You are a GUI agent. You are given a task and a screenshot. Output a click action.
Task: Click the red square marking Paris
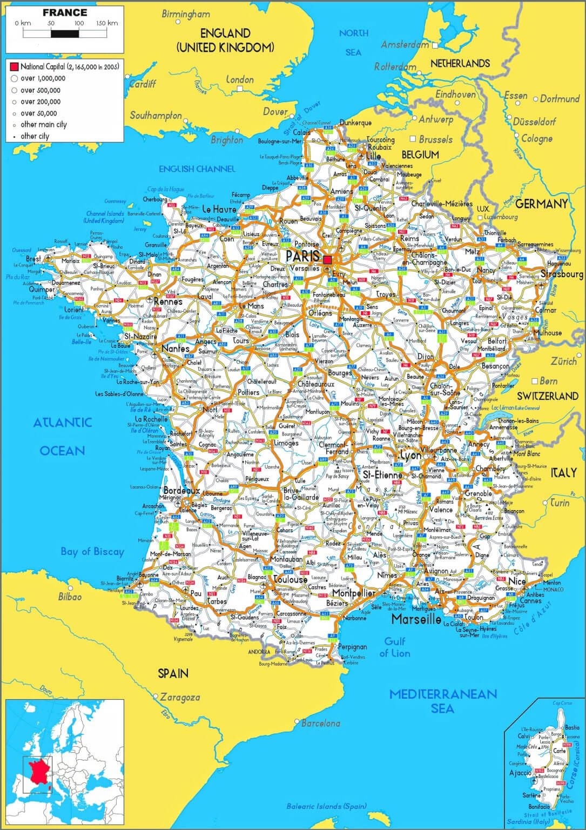pyautogui.click(x=328, y=260)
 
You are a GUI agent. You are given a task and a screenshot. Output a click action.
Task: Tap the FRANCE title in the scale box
pyautogui.click(x=65, y=12)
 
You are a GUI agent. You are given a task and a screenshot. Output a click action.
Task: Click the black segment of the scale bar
pyautogui.click(x=65, y=33)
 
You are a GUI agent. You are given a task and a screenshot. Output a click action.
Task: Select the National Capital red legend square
pyautogui.click(x=14, y=67)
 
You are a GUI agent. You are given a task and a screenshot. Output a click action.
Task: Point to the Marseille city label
pyautogui.click(x=416, y=619)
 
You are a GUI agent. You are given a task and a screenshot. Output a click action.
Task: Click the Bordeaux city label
pyautogui.click(x=182, y=491)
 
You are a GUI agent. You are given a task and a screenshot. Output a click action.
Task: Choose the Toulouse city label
pyautogui.click(x=290, y=579)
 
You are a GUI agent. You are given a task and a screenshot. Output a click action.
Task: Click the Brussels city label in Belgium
pyautogui.click(x=435, y=139)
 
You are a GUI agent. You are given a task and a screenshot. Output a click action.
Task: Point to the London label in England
pyautogui.click(x=240, y=80)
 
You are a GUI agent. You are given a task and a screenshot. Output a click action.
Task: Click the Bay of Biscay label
pyautogui.click(x=92, y=552)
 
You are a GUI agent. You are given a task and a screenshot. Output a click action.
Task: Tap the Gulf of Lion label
pyautogui.click(x=395, y=647)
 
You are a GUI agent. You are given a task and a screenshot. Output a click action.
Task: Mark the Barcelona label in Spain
pyautogui.click(x=321, y=723)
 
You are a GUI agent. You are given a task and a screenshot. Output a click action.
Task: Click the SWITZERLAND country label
pyautogui.click(x=547, y=396)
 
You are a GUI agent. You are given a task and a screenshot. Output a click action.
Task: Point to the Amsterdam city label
pyautogui.click(x=405, y=45)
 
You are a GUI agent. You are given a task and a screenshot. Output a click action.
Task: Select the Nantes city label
pyautogui.click(x=176, y=349)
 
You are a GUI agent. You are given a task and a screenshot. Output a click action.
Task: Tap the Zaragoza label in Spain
pyautogui.click(x=180, y=697)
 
